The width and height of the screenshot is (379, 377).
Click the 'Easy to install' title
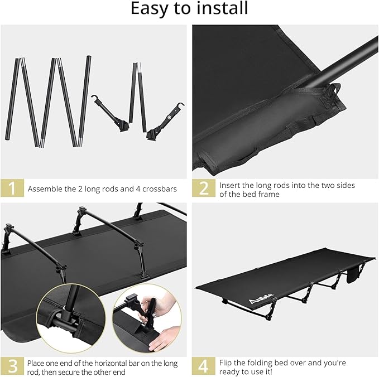coord(189,9)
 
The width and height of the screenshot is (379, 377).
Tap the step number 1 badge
coord(12,188)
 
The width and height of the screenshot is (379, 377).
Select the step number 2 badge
coord(204,188)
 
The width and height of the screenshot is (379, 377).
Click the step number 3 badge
coord(12,366)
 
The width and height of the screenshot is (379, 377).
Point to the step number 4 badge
coord(204,366)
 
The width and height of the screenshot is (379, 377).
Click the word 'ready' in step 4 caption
coord(231,371)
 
